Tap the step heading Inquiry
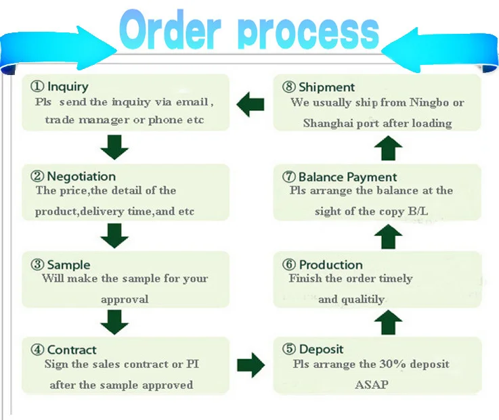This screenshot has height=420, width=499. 68,87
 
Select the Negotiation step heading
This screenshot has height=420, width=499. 81,176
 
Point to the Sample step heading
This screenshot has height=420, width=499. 68,264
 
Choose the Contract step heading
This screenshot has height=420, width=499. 72,350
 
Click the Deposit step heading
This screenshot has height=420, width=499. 321,350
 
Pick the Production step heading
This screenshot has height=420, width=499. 330,264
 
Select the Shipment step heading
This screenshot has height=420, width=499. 326,87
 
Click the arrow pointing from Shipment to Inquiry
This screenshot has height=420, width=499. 250,103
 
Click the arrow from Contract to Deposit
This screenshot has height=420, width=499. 251,365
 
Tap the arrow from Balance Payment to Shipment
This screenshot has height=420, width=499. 387,147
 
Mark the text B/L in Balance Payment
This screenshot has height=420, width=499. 418,211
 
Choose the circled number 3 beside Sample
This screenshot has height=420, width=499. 37,265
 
